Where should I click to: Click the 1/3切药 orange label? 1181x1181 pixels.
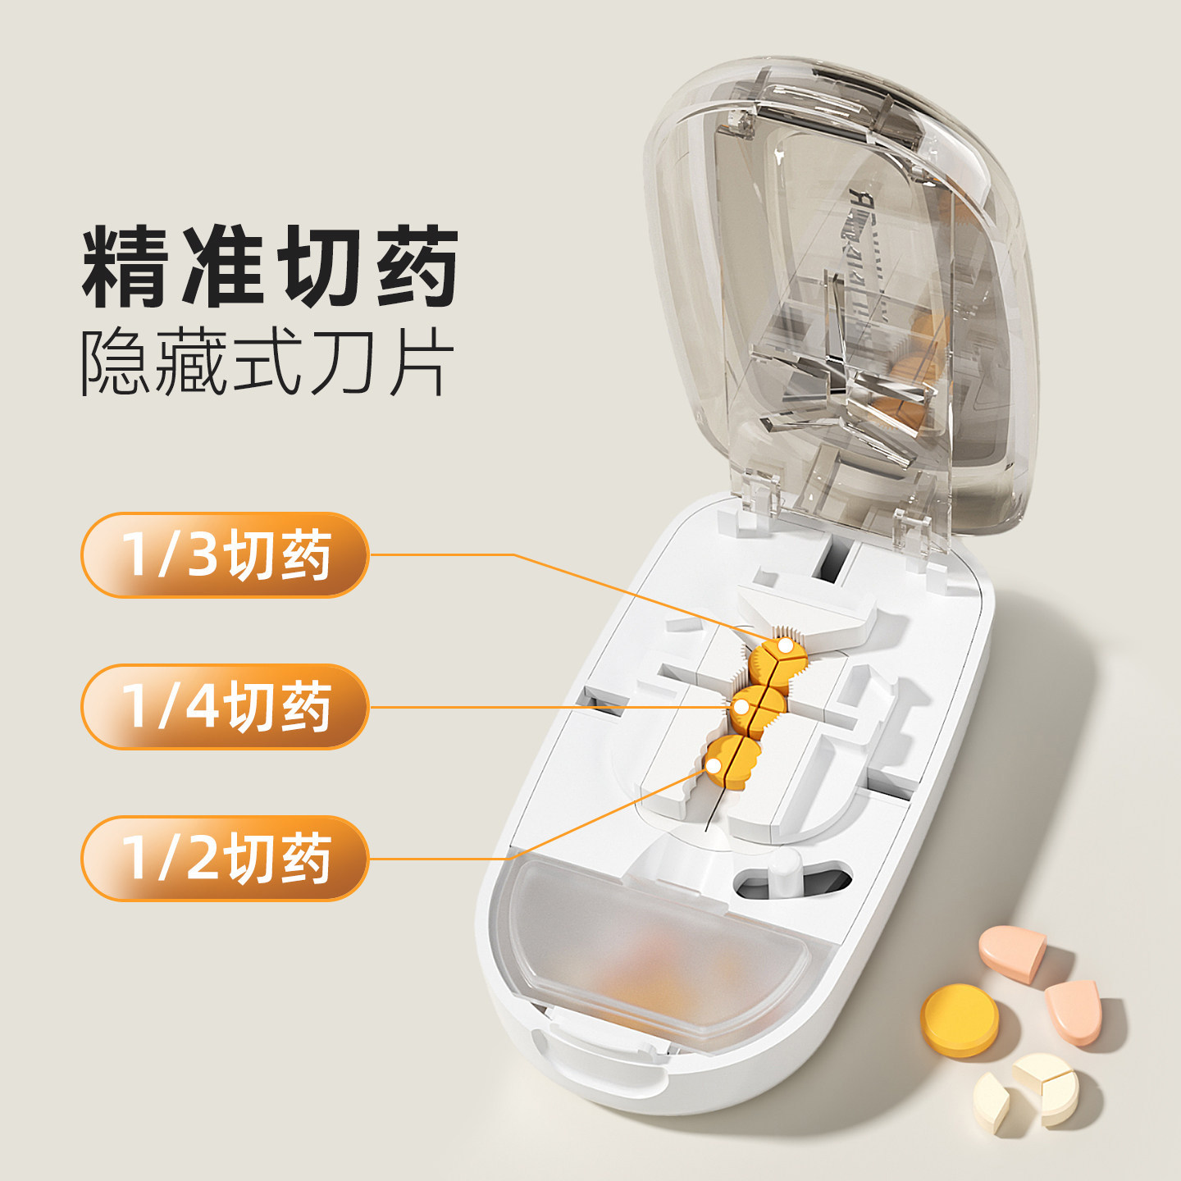coord(225,554)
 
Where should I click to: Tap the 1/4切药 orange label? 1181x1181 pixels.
coord(225,707)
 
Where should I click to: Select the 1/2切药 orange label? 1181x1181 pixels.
coord(225,858)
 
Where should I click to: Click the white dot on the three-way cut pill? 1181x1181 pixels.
coord(785,645)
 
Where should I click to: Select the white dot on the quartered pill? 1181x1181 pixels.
coord(741,707)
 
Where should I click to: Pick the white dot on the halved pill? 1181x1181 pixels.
coord(714,765)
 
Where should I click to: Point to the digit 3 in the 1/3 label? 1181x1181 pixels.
coord(203,554)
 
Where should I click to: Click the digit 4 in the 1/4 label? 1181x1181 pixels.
coord(203,707)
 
